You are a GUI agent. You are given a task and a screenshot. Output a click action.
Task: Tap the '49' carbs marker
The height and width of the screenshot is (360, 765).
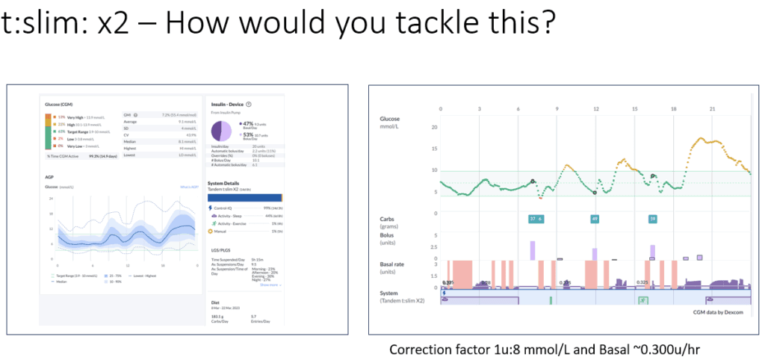(595, 219)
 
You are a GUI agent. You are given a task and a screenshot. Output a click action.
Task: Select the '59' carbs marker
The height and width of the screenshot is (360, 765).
(652, 219)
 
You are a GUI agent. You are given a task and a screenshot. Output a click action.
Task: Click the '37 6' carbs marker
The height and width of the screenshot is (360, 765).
(536, 219)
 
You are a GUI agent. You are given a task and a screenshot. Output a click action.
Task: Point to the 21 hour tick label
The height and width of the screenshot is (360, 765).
(713, 109)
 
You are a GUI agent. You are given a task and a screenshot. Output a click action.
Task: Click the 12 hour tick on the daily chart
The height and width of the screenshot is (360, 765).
(595, 109)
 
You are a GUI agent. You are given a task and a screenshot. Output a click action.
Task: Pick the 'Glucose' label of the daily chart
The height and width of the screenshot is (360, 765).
(390, 119)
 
